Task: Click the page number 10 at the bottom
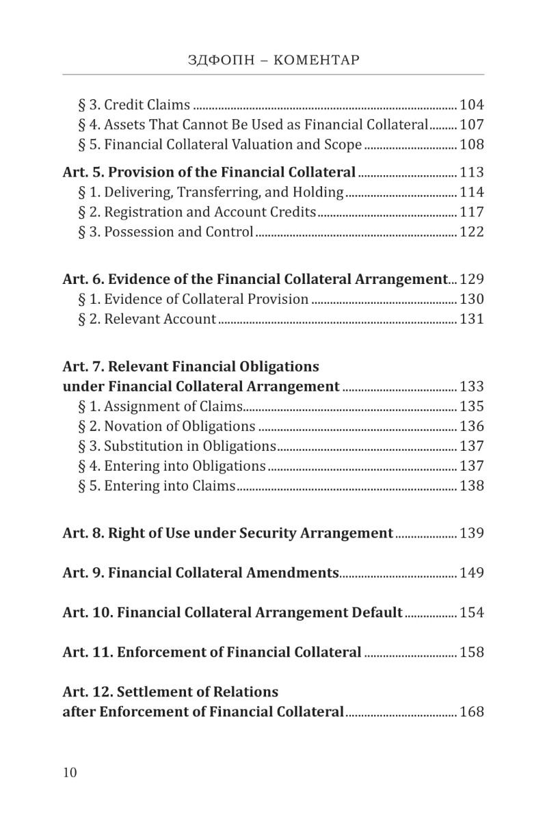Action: coord(70,772)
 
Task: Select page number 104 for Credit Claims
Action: coord(472,105)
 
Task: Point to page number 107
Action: coord(472,125)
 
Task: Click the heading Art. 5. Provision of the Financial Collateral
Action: coord(209,172)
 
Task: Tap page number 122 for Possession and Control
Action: coord(472,232)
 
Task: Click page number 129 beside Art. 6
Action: coord(472,279)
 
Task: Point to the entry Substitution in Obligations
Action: coord(177,446)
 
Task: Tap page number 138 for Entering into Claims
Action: coord(472,486)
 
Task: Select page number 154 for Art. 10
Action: coord(472,612)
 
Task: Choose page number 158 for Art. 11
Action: coord(472,652)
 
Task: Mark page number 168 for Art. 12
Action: coord(472,712)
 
